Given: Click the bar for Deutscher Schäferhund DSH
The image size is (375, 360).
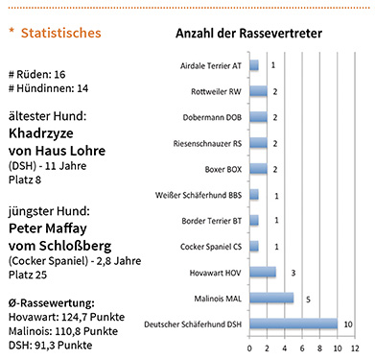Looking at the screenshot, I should click(293, 324).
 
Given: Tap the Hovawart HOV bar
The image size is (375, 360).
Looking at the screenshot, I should click(262, 272).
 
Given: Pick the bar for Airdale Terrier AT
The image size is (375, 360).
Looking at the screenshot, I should click(253, 65).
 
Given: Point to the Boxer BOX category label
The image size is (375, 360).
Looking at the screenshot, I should click(219, 169).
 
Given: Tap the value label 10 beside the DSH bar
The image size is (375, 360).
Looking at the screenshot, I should click(347, 324).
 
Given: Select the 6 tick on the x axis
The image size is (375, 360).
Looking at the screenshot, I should click(301, 347).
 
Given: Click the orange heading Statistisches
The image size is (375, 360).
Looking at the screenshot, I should click(60, 34).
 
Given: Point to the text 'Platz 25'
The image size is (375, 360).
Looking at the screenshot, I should click(28, 275).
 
